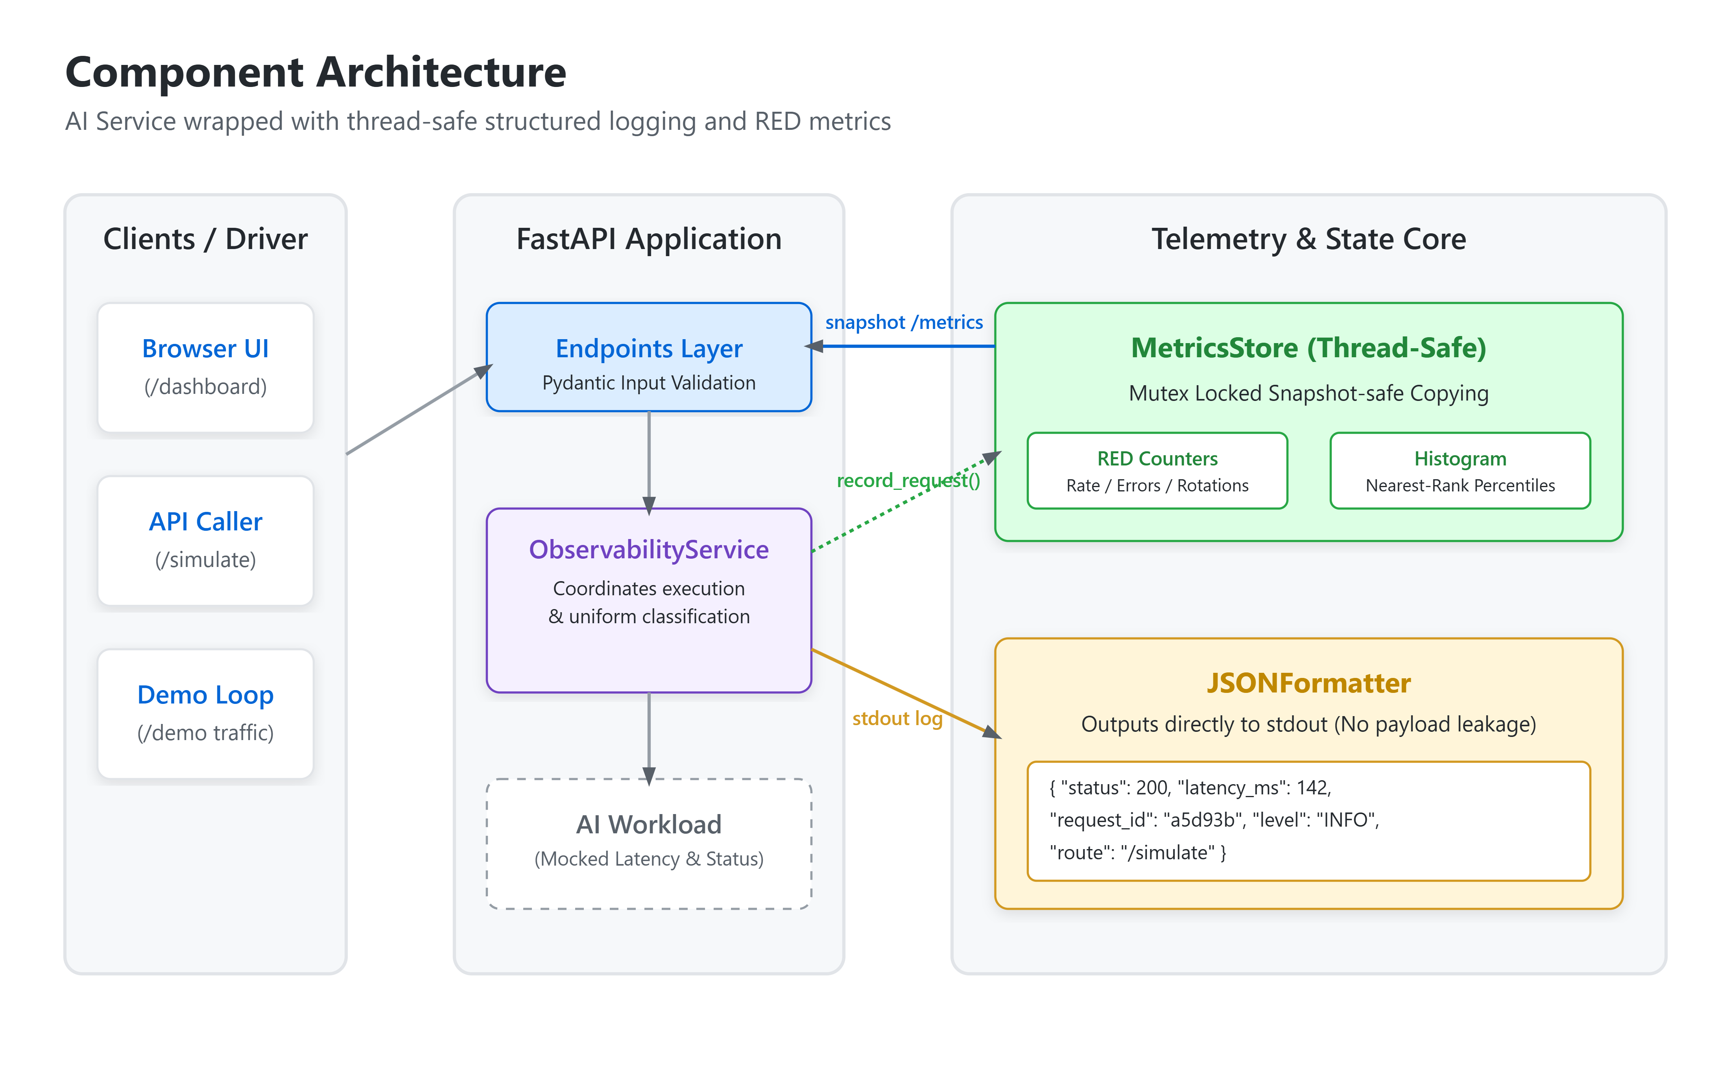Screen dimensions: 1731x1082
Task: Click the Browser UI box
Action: click(205, 368)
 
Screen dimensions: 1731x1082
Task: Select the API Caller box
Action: click(205, 541)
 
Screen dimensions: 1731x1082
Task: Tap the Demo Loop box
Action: click(205, 714)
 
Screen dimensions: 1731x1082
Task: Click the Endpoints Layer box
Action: click(649, 357)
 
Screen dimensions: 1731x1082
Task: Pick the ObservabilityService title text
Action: click(649, 550)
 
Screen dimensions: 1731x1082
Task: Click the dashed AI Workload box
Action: click(649, 844)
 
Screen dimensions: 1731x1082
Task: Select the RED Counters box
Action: click(1157, 471)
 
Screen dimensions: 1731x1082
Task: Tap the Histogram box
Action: click(1460, 471)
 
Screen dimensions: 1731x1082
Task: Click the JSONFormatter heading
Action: click(1308, 683)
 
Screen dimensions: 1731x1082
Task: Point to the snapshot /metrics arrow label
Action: click(904, 323)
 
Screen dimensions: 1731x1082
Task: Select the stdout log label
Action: click(897, 718)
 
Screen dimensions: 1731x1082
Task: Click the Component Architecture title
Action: click(316, 72)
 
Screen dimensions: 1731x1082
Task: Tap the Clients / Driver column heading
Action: click(205, 239)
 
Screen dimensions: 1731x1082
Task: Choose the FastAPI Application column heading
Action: click(649, 239)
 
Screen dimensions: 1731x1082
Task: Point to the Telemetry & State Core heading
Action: click(1308, 239)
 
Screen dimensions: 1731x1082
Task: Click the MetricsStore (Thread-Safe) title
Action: click(1308, 348)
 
